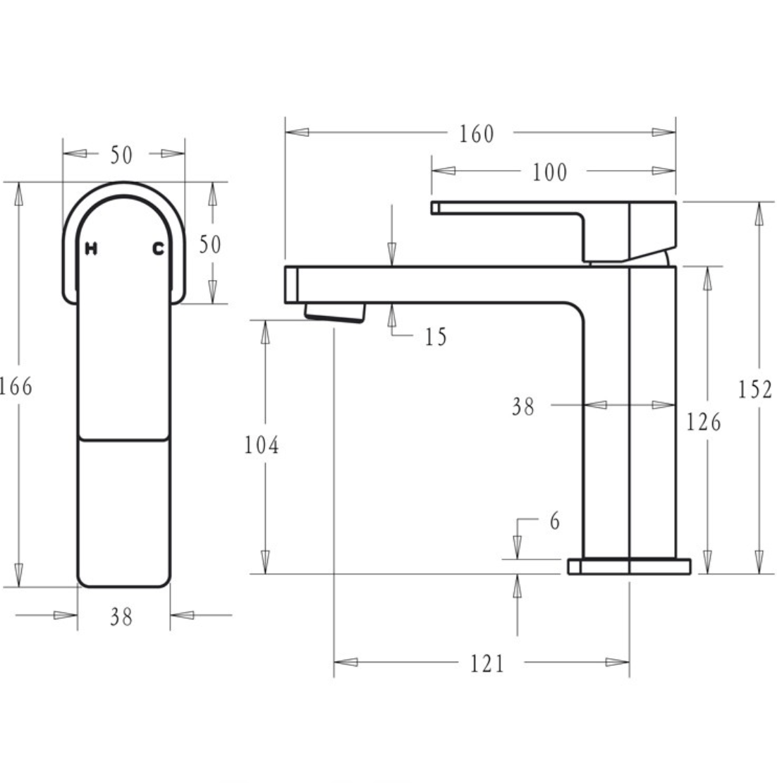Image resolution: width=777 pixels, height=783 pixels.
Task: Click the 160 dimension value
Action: coord(477,133)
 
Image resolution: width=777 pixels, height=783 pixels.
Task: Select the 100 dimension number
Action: coord(549,171)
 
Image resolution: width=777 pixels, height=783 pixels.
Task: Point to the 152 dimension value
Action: coord(756,389)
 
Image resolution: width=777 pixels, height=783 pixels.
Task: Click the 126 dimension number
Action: coord(704,422)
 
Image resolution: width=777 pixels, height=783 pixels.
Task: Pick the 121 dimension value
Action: coord(487,663)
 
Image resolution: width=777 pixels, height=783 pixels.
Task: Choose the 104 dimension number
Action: coord(262,445)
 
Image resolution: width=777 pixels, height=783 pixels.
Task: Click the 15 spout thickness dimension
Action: coord(436,337)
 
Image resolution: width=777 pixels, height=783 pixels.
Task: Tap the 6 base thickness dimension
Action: coord(554,521)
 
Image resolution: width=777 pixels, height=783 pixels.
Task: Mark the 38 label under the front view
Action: coord(121,617)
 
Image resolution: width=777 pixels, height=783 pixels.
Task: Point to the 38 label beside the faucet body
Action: coord(523,406)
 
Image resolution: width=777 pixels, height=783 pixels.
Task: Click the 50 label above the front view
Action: coord(121,155)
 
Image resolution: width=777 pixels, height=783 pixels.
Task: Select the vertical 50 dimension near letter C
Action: coord(209,244)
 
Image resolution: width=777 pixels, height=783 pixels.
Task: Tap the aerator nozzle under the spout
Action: coord(334,312)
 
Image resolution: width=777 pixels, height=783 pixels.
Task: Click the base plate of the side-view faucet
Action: coord(629,566)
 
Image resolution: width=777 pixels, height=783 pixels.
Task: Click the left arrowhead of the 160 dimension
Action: coord(297,132)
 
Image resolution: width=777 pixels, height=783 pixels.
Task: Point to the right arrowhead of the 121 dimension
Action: coord(618,662)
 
